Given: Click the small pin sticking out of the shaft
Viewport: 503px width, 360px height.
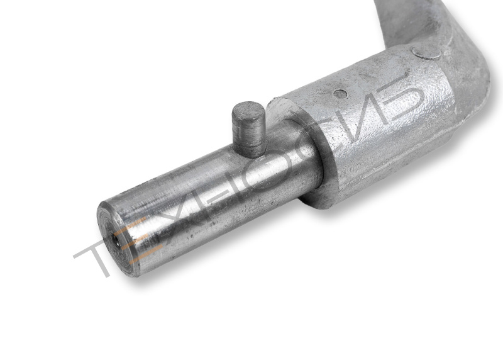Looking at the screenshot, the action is point(248,130).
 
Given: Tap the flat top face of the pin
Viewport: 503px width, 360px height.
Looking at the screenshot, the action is point(248,110).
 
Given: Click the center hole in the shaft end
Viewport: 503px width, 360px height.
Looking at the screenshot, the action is point(114,240).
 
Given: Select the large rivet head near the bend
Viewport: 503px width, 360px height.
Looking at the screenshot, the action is point(426,53).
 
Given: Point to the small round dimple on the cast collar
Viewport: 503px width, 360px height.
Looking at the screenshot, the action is point(340,94).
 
